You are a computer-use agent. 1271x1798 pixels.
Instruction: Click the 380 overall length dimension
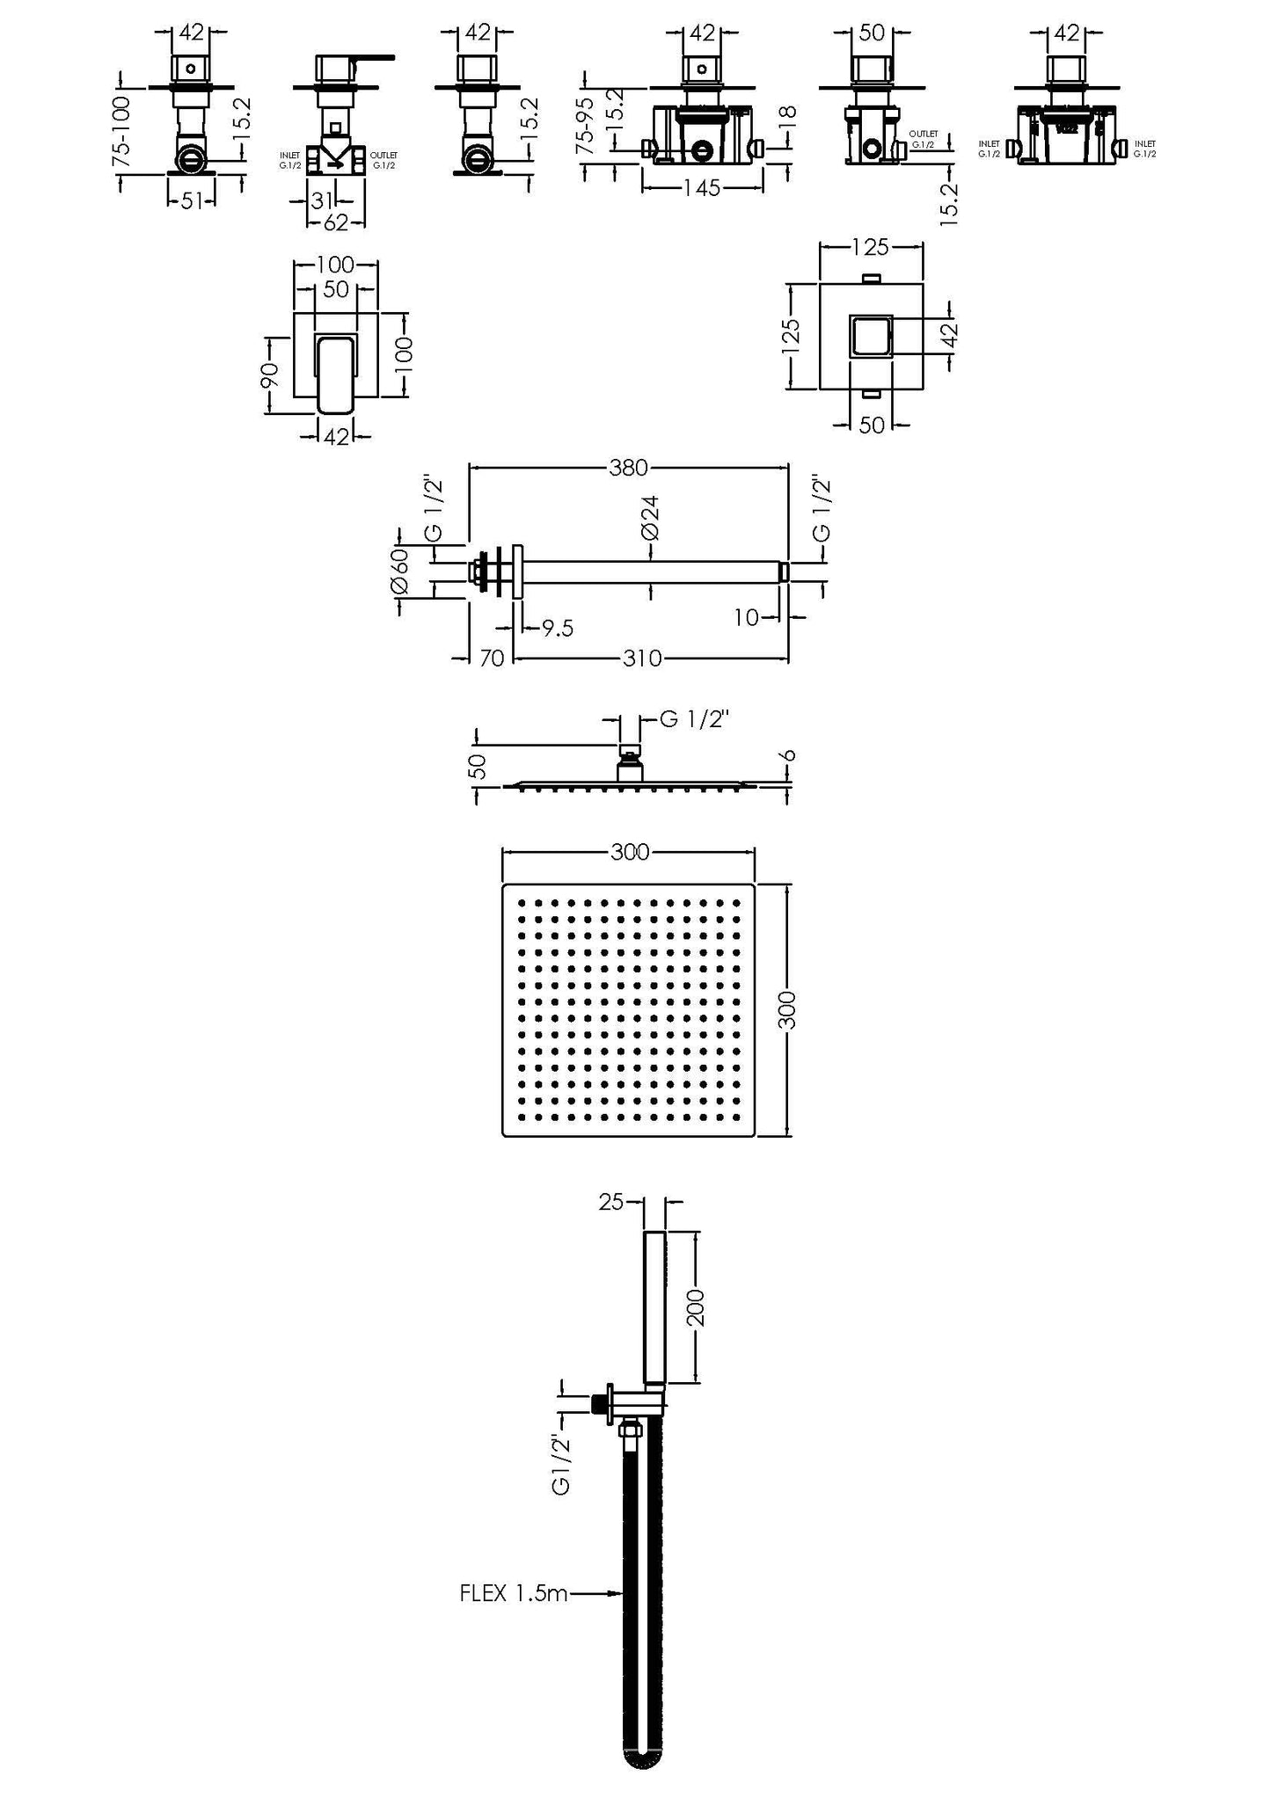pyautogui.click(x=628, y=468)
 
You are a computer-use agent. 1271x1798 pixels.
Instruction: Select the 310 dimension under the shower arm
pyautogui.click(x=642, y=658)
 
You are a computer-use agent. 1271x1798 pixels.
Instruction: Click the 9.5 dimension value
pyautogui.click(x=558, y=628)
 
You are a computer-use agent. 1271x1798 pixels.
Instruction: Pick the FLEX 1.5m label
pyautogui.click(x=514, y=1592)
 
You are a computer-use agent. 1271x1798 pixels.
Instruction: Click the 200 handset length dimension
pyautogui.click(x=696, y=1307)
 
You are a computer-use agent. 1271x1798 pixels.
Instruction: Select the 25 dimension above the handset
pyautogui.click(x=610, y=1201)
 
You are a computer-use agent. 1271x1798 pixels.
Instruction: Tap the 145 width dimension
pyautogui.click(x=702, y=188)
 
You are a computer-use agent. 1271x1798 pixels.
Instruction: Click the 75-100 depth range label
pyautogui.click(x=122, y=131)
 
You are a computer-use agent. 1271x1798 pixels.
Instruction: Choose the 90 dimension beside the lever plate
pyautogui.click(x=272, y=375)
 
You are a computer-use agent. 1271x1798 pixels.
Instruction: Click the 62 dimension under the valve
pyautogui.click(x=336, y=223)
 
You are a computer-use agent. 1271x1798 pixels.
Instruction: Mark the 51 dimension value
pyautogui.click(x=191, y=201)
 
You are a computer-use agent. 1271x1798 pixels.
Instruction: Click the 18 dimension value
pyautogui.click(x=788, y=115)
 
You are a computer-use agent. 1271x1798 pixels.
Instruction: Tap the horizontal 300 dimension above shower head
pyautogui.click(x=630, y=852)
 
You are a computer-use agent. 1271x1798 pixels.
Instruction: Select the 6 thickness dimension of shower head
pyautogui.click(x=788, y=756)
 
